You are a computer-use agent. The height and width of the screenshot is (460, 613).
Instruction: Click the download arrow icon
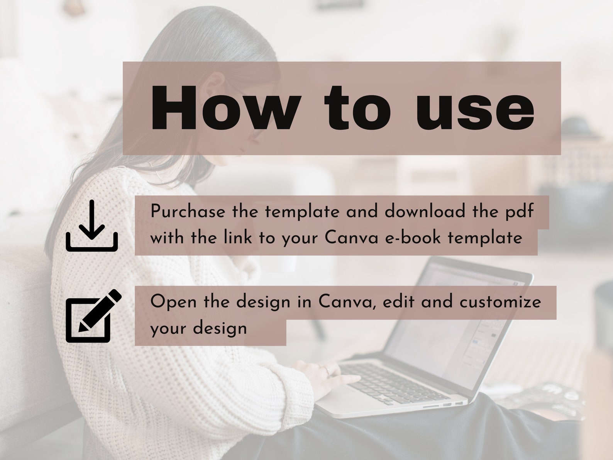tap(91, 226)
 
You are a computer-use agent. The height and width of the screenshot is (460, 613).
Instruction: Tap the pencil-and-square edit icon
tap(93, 316)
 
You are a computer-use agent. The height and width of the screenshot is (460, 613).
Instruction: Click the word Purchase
tap(188, 212)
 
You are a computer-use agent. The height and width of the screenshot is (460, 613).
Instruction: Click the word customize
tap(500, 302)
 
